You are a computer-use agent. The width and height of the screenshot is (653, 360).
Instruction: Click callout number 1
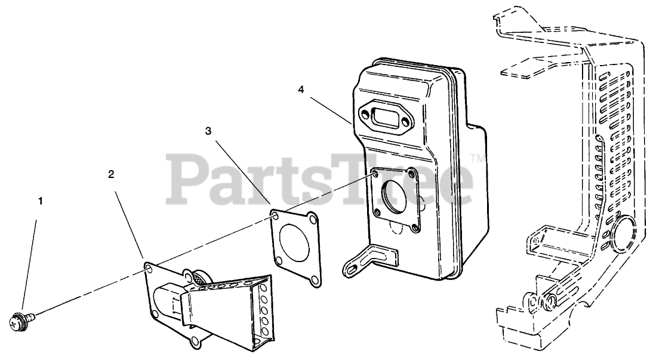coord(41,201)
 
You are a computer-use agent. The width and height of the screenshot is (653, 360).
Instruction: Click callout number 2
coord(111,174)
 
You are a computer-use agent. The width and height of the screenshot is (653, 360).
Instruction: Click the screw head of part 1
coord(17,323)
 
